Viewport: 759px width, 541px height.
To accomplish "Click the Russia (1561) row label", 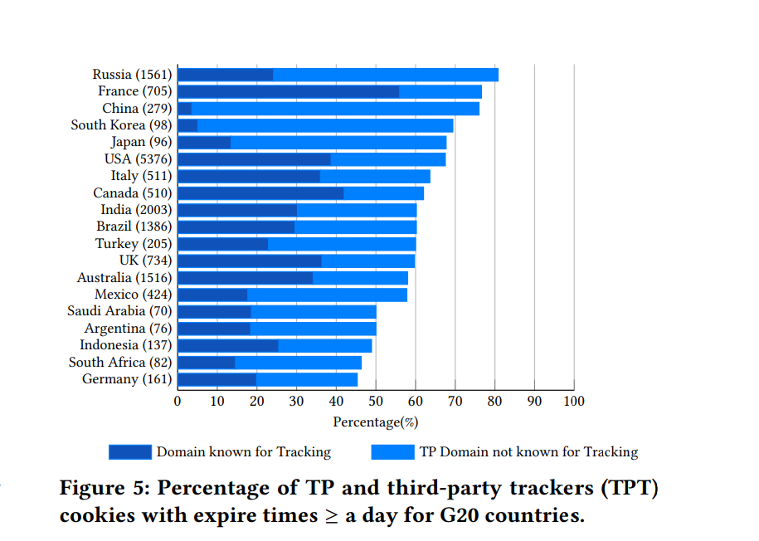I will tap(132, 75).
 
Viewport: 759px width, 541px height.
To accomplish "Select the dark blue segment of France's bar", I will tap(288, 91).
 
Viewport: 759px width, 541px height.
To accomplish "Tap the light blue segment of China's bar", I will tap(335, 109).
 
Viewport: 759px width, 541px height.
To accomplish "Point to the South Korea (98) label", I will tap(121, 125).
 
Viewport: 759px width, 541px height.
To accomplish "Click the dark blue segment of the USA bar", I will tap(254, 159).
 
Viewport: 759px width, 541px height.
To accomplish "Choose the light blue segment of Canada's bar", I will tap(383, 193).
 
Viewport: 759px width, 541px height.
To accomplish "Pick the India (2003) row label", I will tap(136, 210).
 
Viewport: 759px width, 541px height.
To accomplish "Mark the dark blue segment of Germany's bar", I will tap(217, 379).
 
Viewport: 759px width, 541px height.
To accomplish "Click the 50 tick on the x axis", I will tap(376, 402).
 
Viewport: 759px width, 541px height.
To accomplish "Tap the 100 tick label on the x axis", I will tap(574, 402).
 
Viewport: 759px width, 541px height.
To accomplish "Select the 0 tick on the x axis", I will tap(178, 402).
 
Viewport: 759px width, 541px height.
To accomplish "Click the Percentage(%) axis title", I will tap(375, 422).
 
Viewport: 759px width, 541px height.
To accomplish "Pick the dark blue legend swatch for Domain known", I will tap(130, 452).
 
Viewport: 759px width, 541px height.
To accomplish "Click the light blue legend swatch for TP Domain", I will tap(392, 452).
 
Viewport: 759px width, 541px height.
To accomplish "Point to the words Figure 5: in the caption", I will tap(100, 489).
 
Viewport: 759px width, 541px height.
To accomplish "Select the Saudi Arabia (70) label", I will tap(119, 311).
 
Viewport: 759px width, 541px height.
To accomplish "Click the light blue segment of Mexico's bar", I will tap(327, 295).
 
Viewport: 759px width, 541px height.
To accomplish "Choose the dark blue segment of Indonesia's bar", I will tap(228, 345).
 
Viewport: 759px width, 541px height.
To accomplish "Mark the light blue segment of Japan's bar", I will tap(338, 143).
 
